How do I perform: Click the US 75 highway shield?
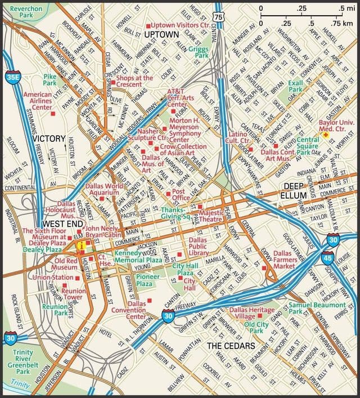pyautogui.click(x=219, y=19)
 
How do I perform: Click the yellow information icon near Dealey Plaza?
pyautogui.click(x=83, y=245)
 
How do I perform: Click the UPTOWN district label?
pyautogui.click(x=161, y=35)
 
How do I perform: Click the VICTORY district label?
pyautogui.click(x=49, y=138)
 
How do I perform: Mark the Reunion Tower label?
pyautogui.click(x=73, y=293)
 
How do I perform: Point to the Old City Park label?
pyautogui.click(x=256, y=328)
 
